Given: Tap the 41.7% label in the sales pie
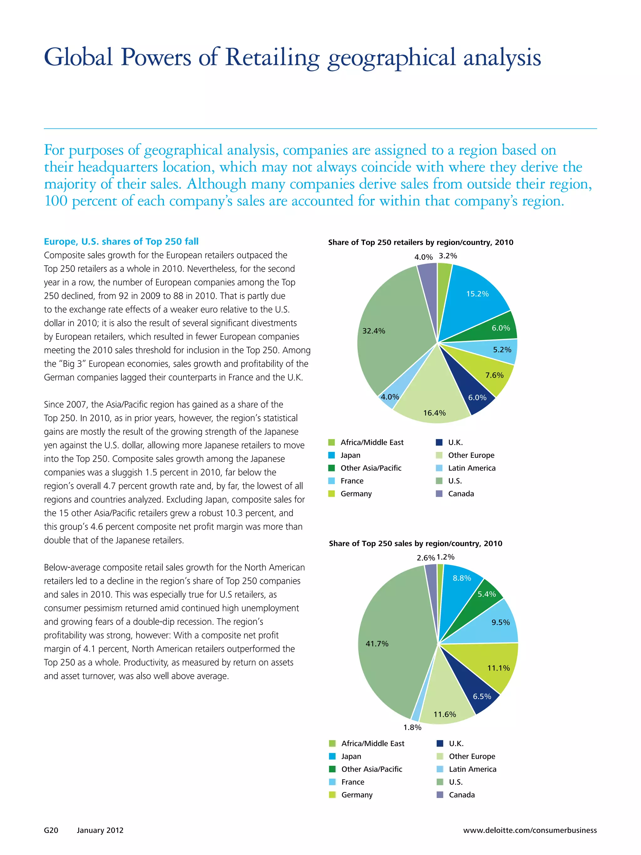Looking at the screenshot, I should point(377,644).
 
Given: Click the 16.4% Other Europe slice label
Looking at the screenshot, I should point(434,413).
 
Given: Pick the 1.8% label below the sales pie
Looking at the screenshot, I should point(412,728).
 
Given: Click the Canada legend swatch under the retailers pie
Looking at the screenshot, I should point(439,494).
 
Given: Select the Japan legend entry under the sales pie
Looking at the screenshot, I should point(351,756).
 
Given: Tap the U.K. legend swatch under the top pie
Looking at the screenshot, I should point(439,442).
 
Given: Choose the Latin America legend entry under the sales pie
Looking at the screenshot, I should point(472,769).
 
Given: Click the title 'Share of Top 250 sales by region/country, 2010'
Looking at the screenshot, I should point(415,543).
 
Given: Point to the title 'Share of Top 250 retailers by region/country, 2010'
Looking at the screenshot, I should point(420,242).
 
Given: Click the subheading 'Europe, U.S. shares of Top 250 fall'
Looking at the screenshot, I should point(121,241).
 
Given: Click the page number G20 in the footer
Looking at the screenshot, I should point(51,830).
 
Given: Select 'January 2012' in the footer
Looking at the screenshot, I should point(100,830).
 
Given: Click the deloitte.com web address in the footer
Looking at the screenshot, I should point(530,830).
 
